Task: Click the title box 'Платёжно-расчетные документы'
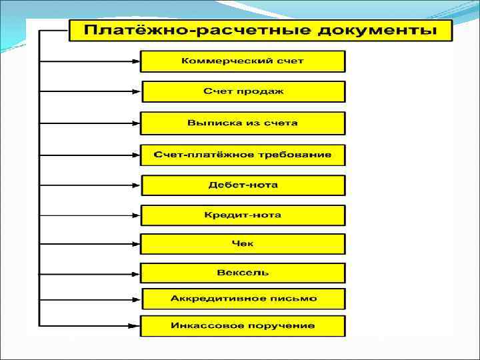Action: pos(261,31)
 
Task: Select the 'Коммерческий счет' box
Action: pos(243,61)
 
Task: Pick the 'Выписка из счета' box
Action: pos(243,123)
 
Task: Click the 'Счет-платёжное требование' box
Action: pos(243,155)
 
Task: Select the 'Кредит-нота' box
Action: pos(243,215)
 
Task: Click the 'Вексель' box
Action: pos(243,273)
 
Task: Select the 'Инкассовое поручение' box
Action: pos(243,326)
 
